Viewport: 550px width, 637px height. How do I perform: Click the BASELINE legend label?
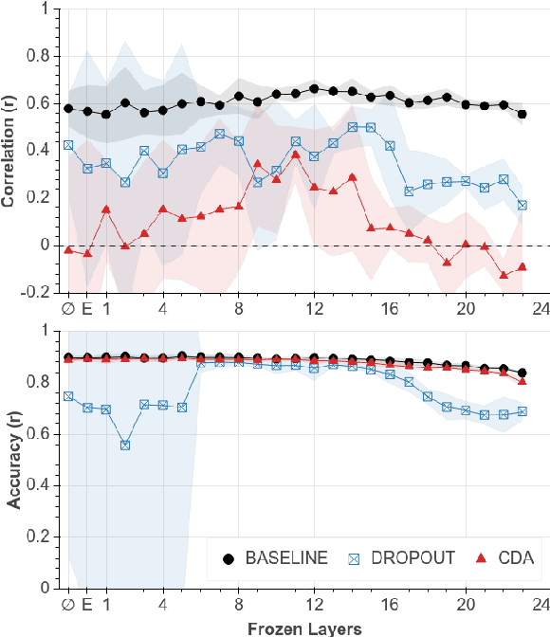coord(285,559)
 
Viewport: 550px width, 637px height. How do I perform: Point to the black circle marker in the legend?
coord(228,559)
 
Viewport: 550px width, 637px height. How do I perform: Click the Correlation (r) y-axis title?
coord(10,150)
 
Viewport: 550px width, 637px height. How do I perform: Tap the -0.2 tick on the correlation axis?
coord(38,292)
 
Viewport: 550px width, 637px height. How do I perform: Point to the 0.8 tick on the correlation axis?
coord(42,55)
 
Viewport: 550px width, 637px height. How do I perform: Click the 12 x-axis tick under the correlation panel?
coord(314,308)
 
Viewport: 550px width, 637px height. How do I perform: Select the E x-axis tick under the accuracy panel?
coord(87,604)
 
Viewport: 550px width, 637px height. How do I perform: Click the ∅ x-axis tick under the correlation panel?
coord(68,308)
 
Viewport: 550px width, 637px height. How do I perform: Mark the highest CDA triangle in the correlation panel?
coord(295,155)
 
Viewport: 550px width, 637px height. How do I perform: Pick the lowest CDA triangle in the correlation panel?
coord(504,275)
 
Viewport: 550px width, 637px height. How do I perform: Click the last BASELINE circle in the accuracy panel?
coord(522,373)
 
